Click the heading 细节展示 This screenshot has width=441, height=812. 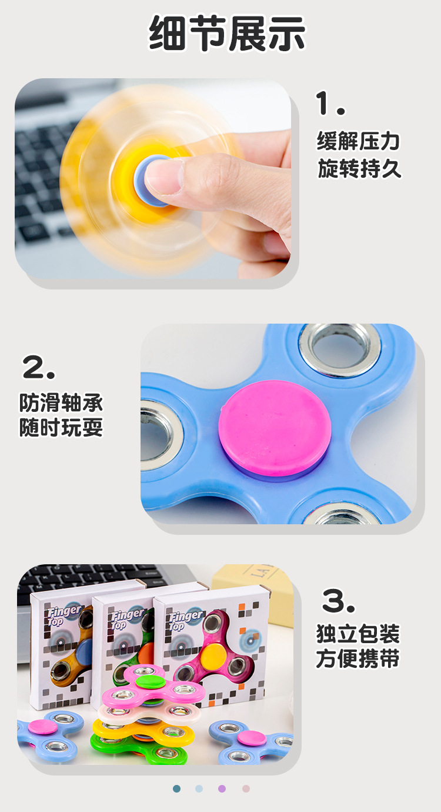click(227, 34)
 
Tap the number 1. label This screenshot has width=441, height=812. click(331, 104)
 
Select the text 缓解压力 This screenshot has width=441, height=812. click(359, 141)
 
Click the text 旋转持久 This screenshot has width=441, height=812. click(359, 169)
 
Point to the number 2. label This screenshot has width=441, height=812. click(39, 368)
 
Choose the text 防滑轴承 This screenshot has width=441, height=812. click(61, 403)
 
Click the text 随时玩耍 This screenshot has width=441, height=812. click(61, 428)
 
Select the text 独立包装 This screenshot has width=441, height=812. click(358, 634)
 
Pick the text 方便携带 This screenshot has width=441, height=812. click(358, 659)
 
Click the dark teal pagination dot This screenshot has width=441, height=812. click(177, 788)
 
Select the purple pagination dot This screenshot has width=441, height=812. click(222, 788)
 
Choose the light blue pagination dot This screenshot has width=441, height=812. click(199, 788)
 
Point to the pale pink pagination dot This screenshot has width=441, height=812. click(246, 788)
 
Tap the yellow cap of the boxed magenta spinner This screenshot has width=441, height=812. click(215, 651)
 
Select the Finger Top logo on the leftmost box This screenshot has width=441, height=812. click(64, 614)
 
